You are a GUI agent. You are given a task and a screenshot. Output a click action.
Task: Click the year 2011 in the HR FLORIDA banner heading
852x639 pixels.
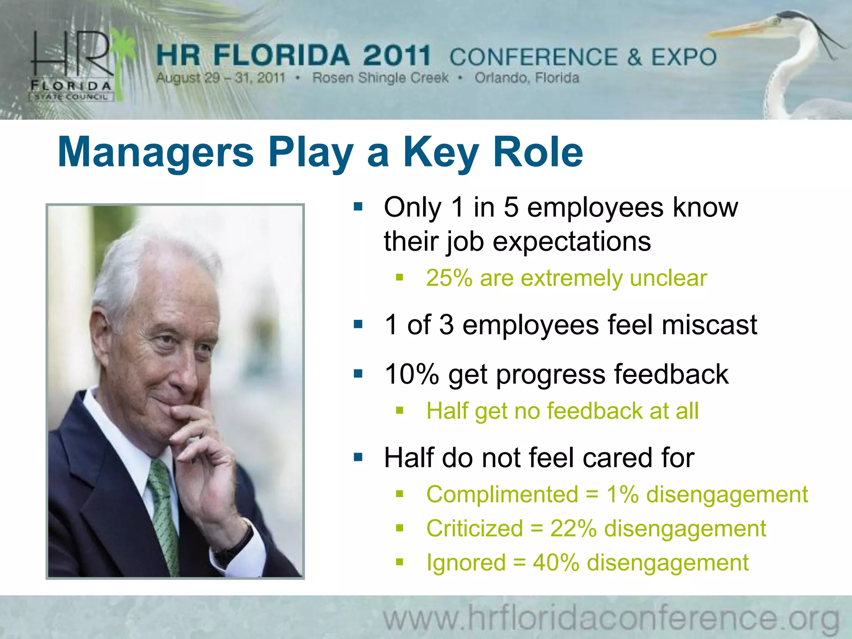click(396, 56)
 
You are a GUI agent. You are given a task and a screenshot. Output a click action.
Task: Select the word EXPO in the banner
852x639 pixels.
click(684, 57)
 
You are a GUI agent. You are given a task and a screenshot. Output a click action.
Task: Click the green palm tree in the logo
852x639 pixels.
click(123, 62)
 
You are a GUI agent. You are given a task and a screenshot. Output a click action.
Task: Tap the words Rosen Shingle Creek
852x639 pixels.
click(380, 78)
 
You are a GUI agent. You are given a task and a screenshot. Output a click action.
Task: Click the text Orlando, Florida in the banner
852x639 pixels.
click(527, 78)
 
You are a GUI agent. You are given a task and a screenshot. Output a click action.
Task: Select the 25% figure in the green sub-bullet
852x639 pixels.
click(449, 278)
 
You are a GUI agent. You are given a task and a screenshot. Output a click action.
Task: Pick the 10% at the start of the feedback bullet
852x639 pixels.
click(412, 374)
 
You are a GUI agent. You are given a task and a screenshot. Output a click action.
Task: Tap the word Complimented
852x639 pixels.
click(502, 495)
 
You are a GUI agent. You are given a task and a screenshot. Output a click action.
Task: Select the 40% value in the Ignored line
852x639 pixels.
click(556, 563)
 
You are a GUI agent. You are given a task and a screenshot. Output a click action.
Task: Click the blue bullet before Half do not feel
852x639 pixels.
click(358, 458)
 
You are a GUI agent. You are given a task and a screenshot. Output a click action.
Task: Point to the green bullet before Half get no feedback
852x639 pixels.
click(400, 411)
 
